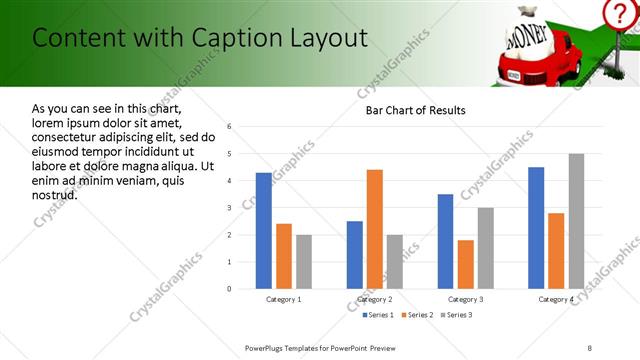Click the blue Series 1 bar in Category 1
point(263,231)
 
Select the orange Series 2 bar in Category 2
point(375,229)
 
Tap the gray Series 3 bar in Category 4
point(576,221)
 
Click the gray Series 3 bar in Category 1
point(304,262)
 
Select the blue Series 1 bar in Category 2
point(355,255)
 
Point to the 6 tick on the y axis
point(229,127)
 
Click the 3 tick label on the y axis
point(229,208)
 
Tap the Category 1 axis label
point(284,299)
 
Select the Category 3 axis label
point(466,299)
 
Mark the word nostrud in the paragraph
point(54,195)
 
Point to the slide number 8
point(589,346)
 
